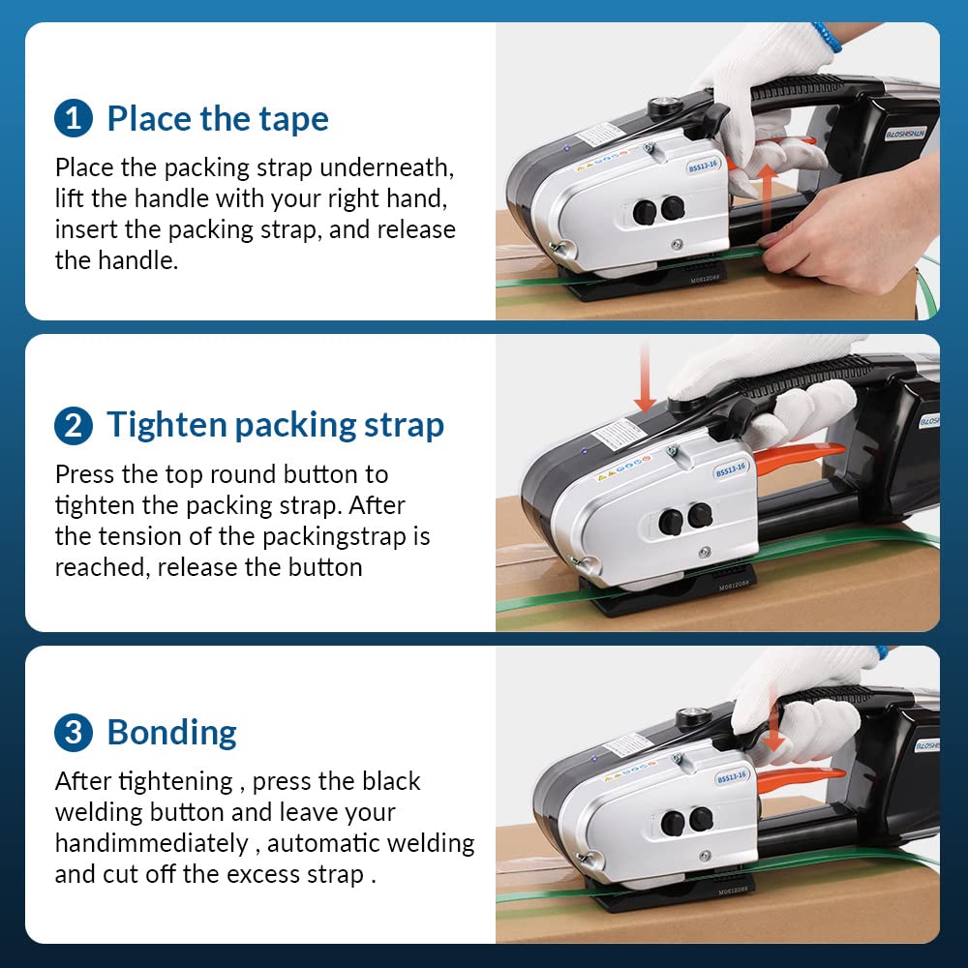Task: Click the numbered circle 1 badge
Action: click(74, 119)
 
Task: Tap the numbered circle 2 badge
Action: click(74, 425)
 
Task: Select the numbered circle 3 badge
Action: click(74, 733)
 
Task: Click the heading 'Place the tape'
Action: click(218, 119)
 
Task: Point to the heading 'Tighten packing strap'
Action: click(275, 425)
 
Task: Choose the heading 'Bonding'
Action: click(171, 733)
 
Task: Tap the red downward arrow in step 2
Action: click(645, 377)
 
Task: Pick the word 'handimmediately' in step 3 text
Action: click(151, 843)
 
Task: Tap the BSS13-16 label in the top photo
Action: click(703, 166)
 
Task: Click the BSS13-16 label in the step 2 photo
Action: click(731, 469)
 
